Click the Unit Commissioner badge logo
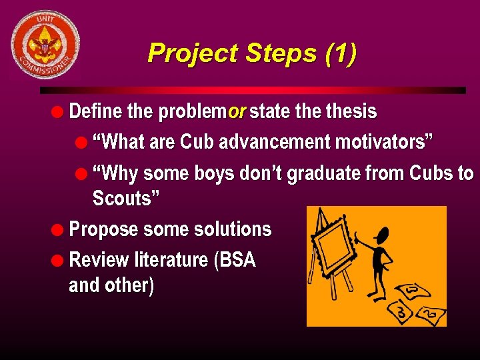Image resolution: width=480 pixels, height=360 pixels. pos(45,45)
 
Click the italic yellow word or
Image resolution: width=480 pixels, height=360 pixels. pos(237,111)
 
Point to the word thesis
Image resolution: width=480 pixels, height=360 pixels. pos(351,111)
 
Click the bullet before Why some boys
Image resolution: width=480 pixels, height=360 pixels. pos(81,174)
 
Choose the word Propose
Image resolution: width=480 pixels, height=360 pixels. pos(101,229)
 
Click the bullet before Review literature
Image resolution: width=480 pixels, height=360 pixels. pos(60,259)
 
